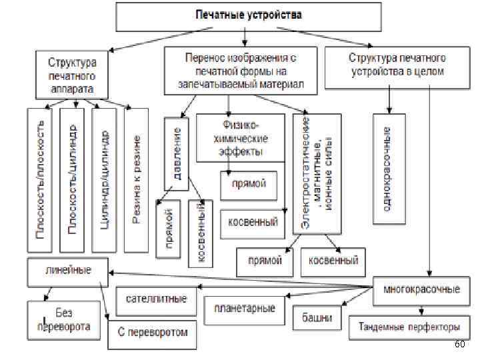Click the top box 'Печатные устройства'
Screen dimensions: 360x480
pyautogui.click(x=247, y=16)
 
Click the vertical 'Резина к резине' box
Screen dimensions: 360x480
pyautogui.click(x=135, y=180)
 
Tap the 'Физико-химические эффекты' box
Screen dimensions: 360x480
pyautogui.click(x=241, y=138)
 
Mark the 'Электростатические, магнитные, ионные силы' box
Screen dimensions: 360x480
pyautogui.click(x=317, y=173)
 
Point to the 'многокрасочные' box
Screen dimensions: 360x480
pyautogui.click(x=421, y=289)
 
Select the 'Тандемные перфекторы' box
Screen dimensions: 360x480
pyautogui.click(x=409, y=327)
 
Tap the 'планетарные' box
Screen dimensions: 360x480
pyautogui.click(x=245, y=309)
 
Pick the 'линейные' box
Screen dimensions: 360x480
pyautogui.click(x=67, y=271)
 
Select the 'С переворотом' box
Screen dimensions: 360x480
pyautogui.click(x=152, y=332)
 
